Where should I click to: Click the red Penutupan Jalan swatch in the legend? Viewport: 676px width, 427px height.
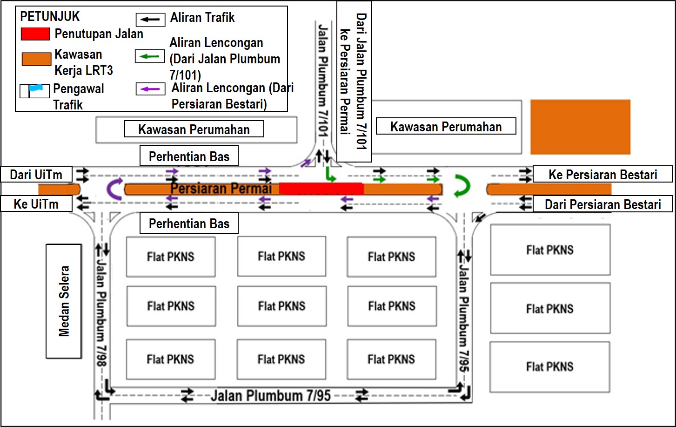point(35,34)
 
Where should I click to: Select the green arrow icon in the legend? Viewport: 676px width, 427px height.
point(150,56)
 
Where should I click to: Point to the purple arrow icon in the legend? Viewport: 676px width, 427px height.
point(150,89)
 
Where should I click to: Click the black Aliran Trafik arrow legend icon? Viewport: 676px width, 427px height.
point(150,20)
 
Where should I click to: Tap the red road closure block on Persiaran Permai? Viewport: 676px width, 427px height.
point(321,188)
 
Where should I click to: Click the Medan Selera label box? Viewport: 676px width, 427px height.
point(64,301)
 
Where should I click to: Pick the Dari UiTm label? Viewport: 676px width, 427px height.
point(36,174)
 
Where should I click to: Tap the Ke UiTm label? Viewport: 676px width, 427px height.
point(36,204)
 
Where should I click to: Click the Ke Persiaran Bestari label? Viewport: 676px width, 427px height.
point(602,174)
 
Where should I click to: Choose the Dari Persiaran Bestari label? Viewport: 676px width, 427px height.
point(602,204)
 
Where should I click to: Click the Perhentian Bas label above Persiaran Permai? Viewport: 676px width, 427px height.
point(189,156)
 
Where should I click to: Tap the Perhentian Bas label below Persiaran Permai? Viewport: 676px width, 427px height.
point(189,223)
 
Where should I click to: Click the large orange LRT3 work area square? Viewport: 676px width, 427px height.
point(580,127)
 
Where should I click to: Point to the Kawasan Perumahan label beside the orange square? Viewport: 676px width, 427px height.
point(446,126)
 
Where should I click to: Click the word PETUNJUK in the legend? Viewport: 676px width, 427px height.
point(50,16)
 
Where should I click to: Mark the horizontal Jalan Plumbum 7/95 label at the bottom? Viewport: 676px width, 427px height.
point(271,396)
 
